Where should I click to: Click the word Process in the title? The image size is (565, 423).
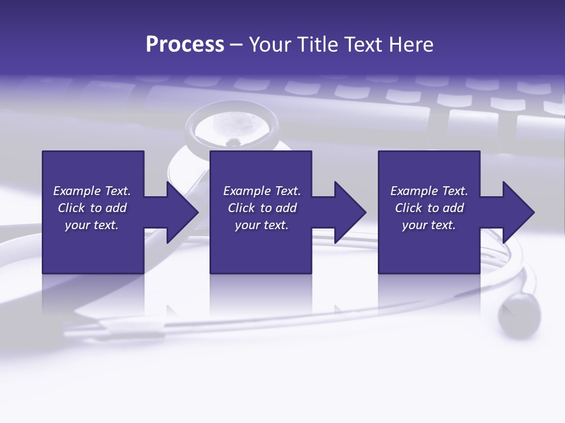185,45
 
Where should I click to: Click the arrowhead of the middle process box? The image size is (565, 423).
349,212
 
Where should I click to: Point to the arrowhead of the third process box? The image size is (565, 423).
517,212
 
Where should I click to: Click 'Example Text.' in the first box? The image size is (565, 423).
92,191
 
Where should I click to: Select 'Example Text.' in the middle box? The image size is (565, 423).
262,191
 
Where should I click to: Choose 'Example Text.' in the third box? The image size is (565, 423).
429,191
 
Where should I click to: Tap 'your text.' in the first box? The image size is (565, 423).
92,225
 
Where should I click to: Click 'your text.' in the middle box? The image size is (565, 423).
262,225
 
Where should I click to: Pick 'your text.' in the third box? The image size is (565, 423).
429,225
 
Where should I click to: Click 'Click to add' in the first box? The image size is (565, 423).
92,208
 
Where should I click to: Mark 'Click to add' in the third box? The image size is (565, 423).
429,208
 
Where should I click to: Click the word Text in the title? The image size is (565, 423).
365,45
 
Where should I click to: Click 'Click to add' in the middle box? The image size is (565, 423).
262,208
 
